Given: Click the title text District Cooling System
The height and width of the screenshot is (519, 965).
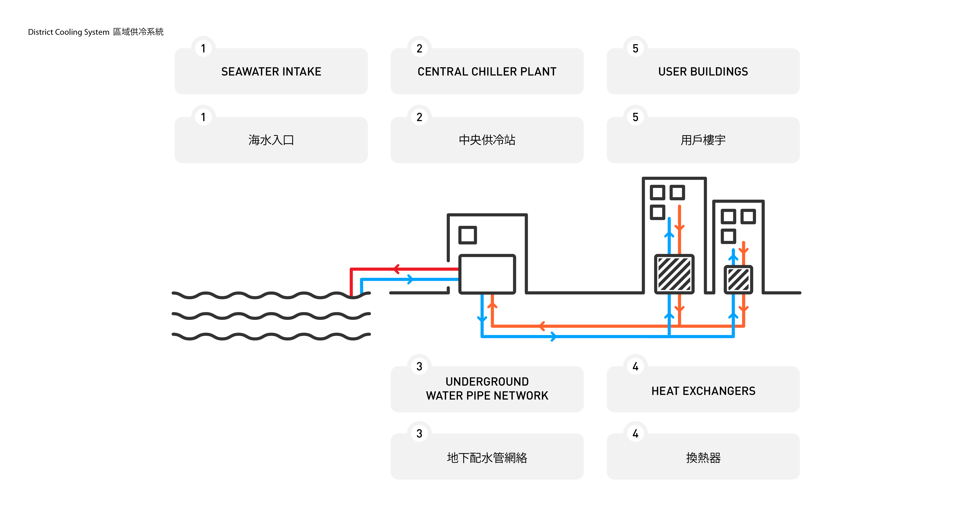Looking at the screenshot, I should click(68, 32).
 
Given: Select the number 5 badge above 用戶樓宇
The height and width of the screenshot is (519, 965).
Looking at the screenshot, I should click(635, 117).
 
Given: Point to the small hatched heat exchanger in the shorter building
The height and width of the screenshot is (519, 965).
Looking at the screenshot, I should click(738, 279).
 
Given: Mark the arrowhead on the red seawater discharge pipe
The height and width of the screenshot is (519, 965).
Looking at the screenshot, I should click(396, 269).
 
